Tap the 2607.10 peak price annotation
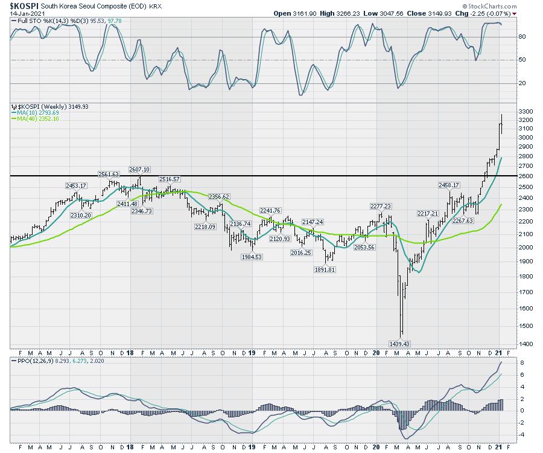(x=139, y=170)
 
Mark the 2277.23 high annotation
(x=379, y=206)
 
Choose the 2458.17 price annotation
(x=449, y=185)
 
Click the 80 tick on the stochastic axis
(x=522, y=37)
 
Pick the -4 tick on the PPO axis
(x=521, y=434)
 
